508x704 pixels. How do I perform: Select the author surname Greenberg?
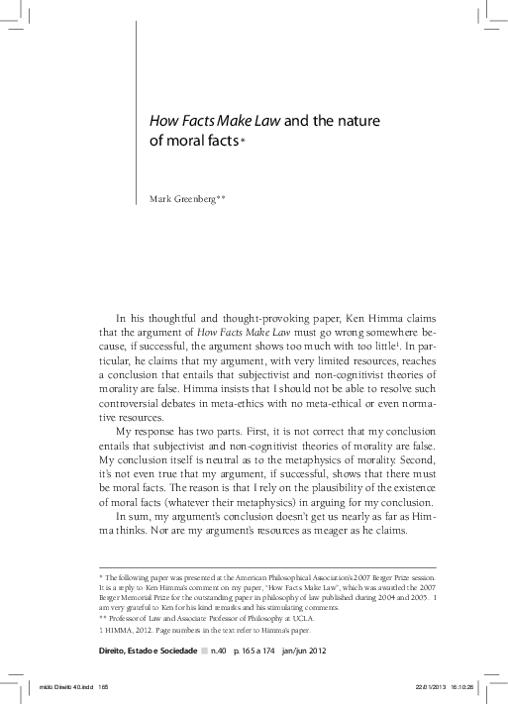pyautogui.click(x=198, y=199)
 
